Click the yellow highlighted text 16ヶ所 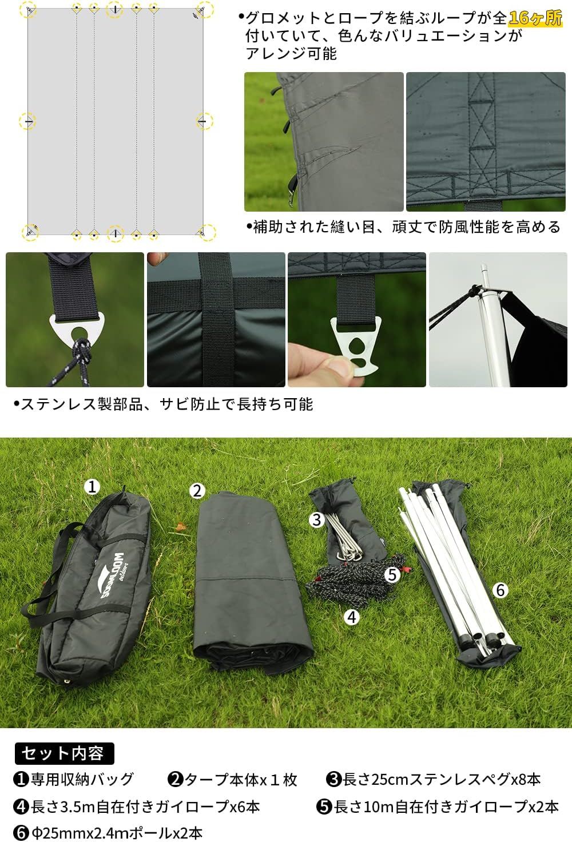[535, 18]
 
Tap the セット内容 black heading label [63, 753]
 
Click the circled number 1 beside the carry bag [92, 487]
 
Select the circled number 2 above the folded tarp [197, 491]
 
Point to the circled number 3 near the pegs [317, 519]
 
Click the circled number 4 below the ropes [352, 617]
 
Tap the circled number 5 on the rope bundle [392, 574]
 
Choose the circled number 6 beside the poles [500, 590]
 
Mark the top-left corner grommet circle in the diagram [30, 9]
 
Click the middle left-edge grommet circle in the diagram [27, 121]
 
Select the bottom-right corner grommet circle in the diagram [205, 232]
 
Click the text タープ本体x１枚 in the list [233, 780]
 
